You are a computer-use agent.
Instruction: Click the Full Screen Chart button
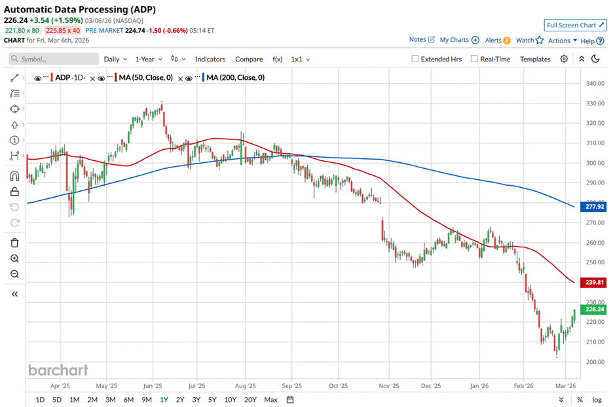tap(575, 25)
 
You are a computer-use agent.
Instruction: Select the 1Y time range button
tap(163, 400)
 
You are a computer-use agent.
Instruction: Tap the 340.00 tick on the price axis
tap(594, 84)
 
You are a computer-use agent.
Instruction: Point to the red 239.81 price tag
tap(594, 283)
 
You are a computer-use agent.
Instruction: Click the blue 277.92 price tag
tap(594, 207)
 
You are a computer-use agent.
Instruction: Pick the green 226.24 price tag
tap(594, 310)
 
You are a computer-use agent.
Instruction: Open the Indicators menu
tap(210, 59)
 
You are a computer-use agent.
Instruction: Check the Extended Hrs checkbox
tap(415, 59)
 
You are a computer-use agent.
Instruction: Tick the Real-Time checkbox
tap(474, 59)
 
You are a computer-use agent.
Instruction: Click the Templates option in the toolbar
tap(535, 59)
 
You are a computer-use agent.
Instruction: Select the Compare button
tap(249, 59)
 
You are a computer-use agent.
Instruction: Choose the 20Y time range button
tap(250, 400)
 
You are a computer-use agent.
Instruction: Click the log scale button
tap(597, 400)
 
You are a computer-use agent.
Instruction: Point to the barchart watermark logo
tap(58, 370)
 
